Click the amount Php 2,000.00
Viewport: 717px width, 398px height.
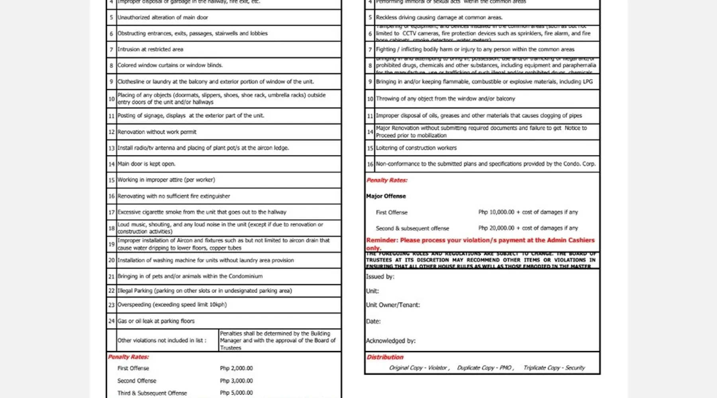click(x=236, y=368)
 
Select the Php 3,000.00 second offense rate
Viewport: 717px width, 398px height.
click(x=236, y=380)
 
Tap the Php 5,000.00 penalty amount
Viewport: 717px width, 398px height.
click(x=236, y=393)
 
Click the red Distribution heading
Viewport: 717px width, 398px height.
click(x=385, y=357)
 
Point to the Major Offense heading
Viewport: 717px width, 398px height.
click(x=386, y=196)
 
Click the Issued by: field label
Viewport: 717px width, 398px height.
click(x=380, y=277)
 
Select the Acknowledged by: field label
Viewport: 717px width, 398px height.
click(x=390, y=341)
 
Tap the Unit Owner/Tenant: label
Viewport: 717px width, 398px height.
click(x=393, y=305)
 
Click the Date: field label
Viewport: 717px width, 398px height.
click(x=373, y=321)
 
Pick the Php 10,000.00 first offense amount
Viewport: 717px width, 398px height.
click(x=496, y=212)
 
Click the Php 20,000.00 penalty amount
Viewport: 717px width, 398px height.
click(x=496, y=228)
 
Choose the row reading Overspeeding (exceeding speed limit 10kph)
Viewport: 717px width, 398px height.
click(x=172, y=304)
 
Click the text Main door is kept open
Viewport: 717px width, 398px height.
click(x=146, y=164)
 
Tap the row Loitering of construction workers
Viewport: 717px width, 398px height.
click(x=416, y=148)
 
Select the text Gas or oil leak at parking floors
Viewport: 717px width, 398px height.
click(x=156, y=321)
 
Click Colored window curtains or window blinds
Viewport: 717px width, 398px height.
click(x=170, y=65)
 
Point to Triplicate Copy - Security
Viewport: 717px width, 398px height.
click(x=554, y=368)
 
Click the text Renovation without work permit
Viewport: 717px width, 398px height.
click(x=157, y=132)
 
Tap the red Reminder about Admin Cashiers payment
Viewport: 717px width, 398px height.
click(x=480, y=243)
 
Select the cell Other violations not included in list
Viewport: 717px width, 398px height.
click(x=162, y=340)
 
